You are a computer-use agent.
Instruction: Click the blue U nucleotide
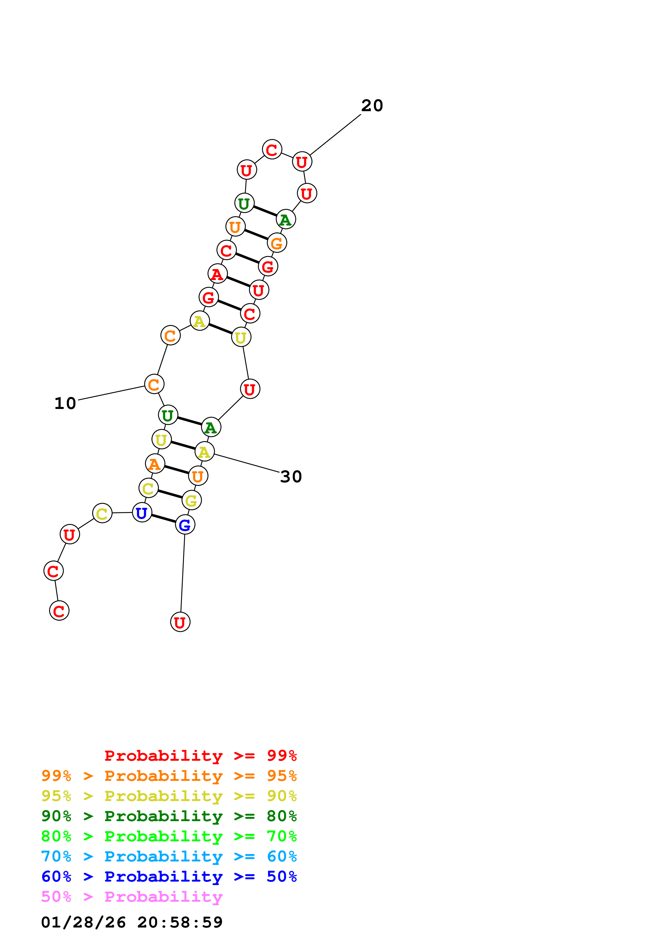[142, 513]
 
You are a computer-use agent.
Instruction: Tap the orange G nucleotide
[277, 243]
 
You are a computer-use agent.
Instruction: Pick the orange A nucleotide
[155, 464]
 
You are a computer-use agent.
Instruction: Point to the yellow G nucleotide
[191, 501]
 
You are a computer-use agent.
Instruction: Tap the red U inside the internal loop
[250, 389]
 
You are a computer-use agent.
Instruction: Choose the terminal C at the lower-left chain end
[59, 611]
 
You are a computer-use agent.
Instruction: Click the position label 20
[372, 106]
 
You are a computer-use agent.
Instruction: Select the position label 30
[291, 477]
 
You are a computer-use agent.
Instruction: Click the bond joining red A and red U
[238, 282]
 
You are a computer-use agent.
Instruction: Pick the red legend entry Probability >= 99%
[200, 755]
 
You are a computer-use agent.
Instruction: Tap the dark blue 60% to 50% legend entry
[169, 877]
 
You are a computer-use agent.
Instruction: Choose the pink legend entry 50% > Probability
[132, 897]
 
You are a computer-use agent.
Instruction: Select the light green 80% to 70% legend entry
[169, 836]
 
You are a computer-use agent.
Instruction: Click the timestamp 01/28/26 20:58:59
[132, 922]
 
